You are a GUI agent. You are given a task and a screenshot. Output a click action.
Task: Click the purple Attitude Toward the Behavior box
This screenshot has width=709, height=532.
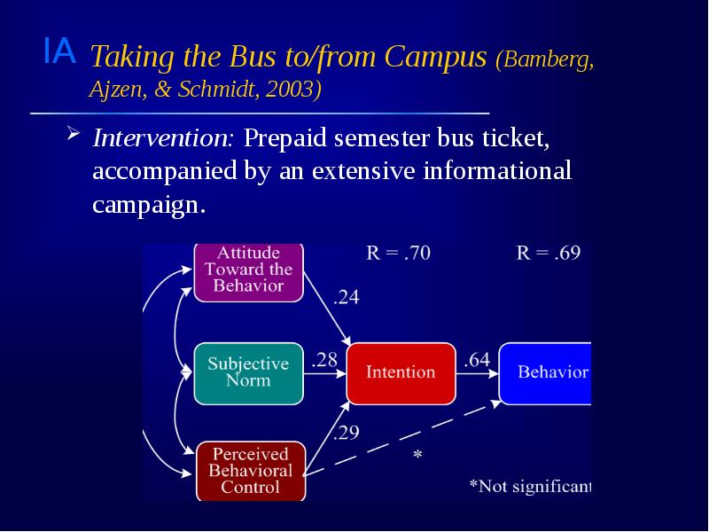point(248,270)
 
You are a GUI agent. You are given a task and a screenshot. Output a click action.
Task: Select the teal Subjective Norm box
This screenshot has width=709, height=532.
point(248,372)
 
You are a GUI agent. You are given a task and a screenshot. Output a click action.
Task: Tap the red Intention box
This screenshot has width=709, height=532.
point(401,372)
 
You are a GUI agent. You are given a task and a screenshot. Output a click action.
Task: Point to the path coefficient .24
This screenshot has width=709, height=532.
point(346,299)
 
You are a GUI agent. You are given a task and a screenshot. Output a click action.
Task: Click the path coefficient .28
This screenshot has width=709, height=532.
point(325,360)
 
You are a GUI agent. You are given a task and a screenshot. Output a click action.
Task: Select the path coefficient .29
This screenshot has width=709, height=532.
point(346,434)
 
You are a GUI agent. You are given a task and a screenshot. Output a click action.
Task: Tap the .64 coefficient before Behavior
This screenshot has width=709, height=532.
point(477,360)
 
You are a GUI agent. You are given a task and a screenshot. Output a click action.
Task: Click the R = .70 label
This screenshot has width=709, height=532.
point(399,253)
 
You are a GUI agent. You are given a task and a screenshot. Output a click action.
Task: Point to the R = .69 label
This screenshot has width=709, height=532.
point(548,253)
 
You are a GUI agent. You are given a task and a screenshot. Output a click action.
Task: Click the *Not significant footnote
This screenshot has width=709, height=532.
point(529,485)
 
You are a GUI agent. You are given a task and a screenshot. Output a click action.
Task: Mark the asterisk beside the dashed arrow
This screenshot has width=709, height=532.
point(417,456)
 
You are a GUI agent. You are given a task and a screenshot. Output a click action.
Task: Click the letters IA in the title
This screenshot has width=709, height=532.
point(58,52)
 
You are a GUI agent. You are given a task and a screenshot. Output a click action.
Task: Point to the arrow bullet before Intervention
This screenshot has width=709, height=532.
point(74,137)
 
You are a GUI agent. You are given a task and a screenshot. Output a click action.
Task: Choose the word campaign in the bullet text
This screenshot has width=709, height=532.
point(147,205)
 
